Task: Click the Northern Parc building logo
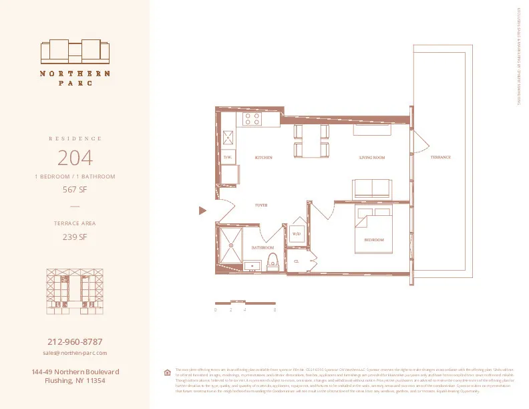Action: pyautogui.click(x=75, y=51)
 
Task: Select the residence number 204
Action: pyautogui.click(x=75, y=158)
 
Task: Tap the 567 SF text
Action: pyautogui.click(x=75, y=189)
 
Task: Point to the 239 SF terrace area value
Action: pyautogui.click(x=75, y=236)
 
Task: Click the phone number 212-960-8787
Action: pyautogui.click(x=75, y=342)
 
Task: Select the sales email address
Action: pyautogui.click(x=75, y=352)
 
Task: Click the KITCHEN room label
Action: pyautogui.click(x=264, y=158)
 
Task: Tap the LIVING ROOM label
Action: pyautogui.click(x=372, y=158)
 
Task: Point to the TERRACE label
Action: pyautogui.click(x=440, y=158)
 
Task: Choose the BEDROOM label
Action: pyautogui.click(x=373, y=239)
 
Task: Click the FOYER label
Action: pyautogui.click(x=261, y=205)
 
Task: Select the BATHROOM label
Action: pyautogui.click(x=262, y=247)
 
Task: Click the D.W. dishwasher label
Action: pyautogui.click(x=227, y=158)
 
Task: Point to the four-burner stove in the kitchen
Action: pyautogui.click(x=252, y=119)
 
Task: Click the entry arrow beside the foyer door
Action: pyautogui.click(x=202, y=211)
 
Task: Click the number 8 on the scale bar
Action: pyautogui.click(x=275, y=310)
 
